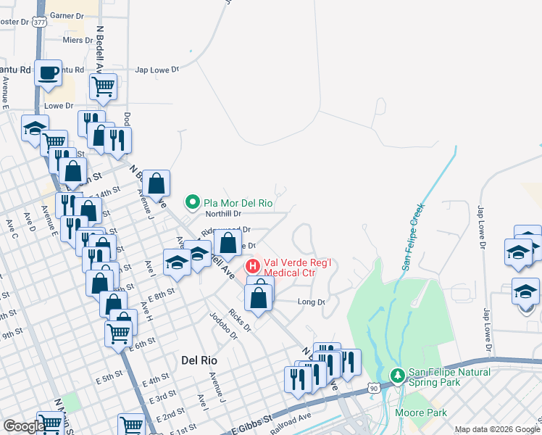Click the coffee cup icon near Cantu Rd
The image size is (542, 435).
pos(48,72)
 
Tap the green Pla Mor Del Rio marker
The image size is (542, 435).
pos(193,202)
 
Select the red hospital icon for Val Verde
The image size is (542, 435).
pos(253,266)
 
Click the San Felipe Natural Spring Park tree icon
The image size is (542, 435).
pos(396,376)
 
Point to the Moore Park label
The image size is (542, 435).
pos(414,413)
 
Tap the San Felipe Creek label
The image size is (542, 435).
pos(414,237)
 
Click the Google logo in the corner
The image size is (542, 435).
pos(23,426)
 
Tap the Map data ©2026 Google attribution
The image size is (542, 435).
pos(496,429)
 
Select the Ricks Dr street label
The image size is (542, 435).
pos(238,320)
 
